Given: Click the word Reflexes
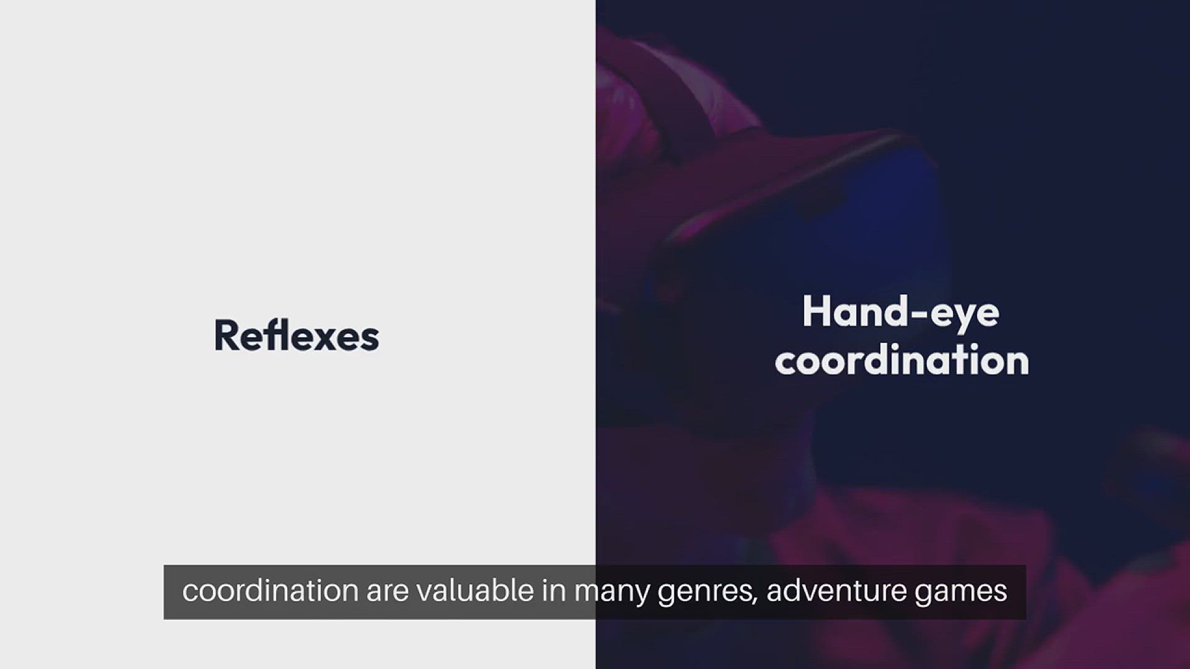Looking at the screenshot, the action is (x=296, y=336).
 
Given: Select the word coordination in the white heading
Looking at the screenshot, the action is (x=902, y=360).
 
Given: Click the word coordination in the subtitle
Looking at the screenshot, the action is (x=270, y=590).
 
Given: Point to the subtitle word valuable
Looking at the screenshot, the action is (x=475, y=590).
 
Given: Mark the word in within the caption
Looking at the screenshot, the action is (x=554, y=590).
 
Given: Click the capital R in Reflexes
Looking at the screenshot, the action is (x=226, y=336).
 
